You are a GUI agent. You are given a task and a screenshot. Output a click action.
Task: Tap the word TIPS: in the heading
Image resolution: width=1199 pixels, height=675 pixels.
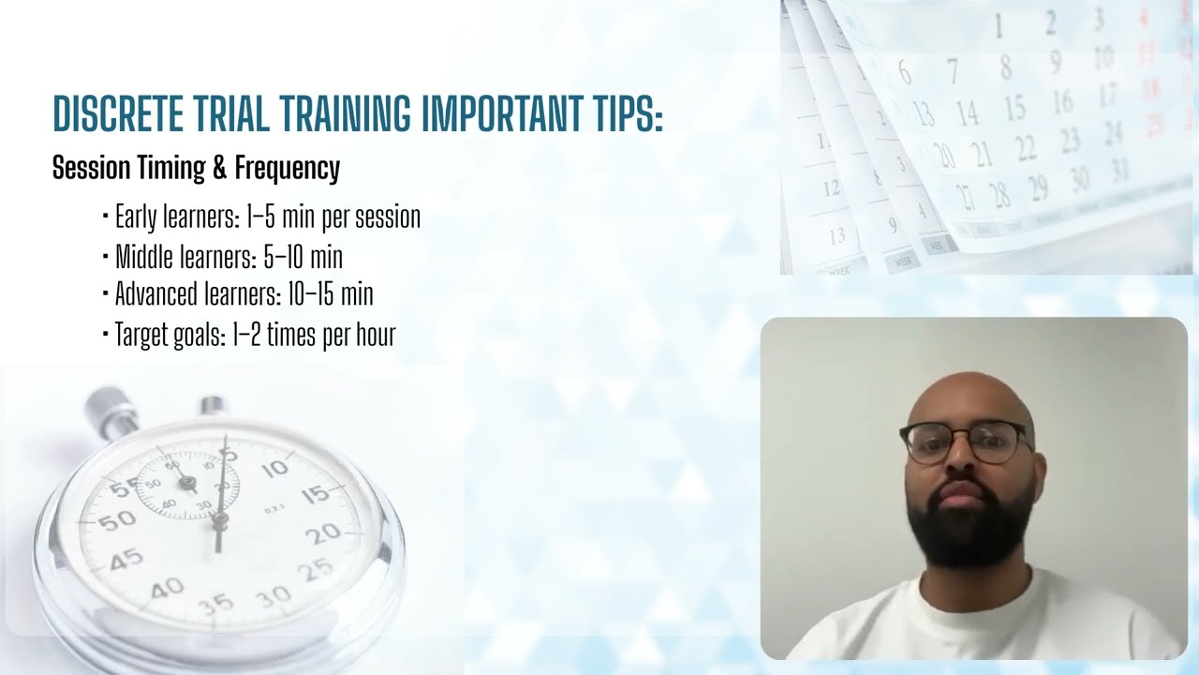pos(623,113)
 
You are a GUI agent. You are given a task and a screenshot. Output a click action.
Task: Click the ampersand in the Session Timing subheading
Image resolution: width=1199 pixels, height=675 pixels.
pos(219,169)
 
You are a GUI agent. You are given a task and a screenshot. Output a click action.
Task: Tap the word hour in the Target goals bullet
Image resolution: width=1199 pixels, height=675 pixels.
pos(375,335)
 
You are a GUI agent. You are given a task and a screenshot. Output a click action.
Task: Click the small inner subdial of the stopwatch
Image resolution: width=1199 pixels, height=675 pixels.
pos(187,485)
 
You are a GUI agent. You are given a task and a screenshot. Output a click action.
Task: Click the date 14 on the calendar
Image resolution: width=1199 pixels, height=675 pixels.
pos(968,114)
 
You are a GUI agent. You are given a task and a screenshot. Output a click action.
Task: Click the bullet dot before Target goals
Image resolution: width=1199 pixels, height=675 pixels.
pos(105,335)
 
